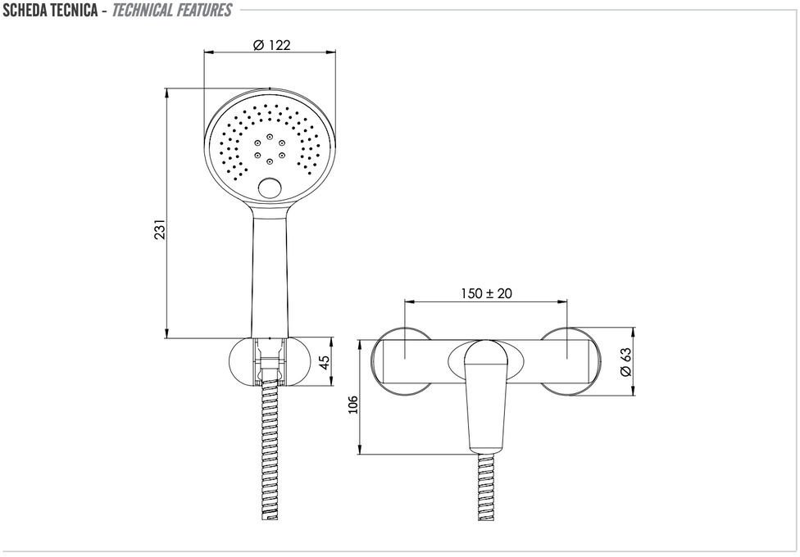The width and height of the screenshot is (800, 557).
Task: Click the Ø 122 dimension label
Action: click(272, 45)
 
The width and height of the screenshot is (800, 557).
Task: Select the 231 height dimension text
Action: click(161, 229)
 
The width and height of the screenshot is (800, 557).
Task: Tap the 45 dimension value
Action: click(324, 361)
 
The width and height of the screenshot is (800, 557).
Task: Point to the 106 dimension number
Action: click(353, 405)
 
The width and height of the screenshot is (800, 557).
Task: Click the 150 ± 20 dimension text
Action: click(486, 293)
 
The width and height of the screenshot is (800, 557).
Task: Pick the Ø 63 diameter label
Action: click(625, 361)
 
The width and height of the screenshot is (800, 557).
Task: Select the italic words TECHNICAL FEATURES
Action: click(172, 10)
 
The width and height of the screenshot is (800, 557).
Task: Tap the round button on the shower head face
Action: click(269, 188)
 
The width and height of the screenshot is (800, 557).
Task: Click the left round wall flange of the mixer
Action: click(402, 360)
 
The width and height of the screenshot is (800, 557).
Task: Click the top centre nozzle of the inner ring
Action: click(269, 137)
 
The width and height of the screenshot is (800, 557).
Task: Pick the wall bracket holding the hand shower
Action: click(269, 361)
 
